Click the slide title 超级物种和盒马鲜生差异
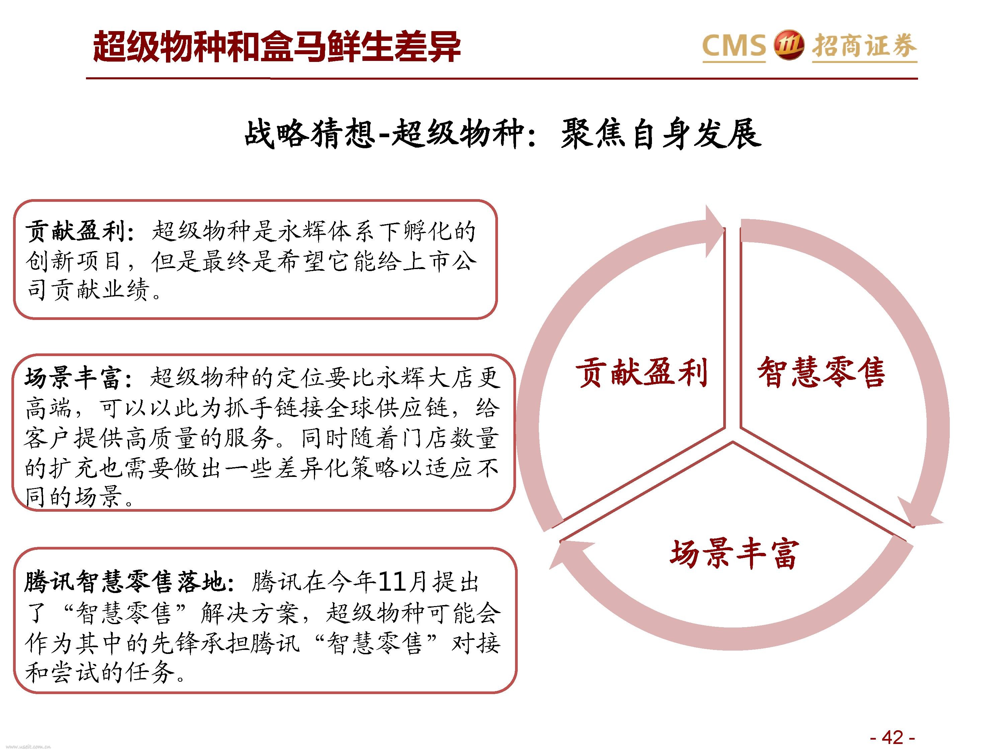coord(277,47)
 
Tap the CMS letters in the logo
coord(734,46)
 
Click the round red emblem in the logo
coord(788,46)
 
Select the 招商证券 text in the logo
coord(864,46)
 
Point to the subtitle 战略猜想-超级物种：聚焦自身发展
coord(502,134)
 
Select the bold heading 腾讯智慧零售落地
coord(125,582)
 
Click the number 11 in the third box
coord(393,582)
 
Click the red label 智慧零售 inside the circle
coord(821,372)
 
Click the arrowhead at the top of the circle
coord(714,232)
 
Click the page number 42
coord(892,738)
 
